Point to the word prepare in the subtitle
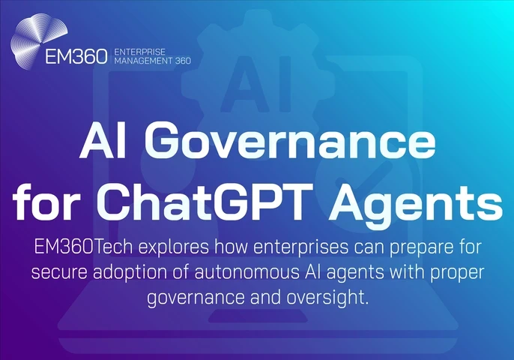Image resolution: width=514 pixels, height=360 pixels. [x=416, y=248]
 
